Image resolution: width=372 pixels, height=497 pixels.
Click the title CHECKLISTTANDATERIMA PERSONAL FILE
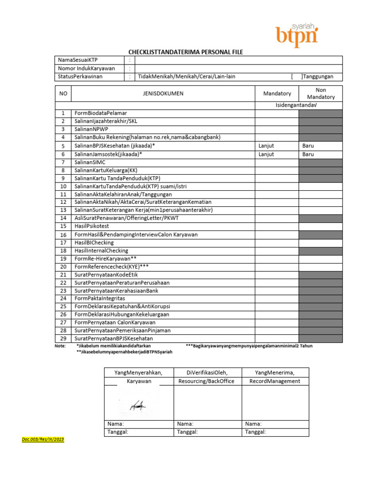[186, 52]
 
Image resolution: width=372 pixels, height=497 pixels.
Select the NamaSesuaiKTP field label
[78, 60]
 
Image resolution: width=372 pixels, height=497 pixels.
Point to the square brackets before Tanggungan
[296, 77]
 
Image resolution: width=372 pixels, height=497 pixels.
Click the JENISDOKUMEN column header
[163, 94]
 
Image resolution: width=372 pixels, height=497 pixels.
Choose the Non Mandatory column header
[321, 94]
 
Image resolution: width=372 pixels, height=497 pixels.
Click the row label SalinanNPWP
[92, 129]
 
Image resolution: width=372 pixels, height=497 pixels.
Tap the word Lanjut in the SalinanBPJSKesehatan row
[266, 146]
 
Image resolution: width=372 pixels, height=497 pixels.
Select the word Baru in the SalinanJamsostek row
[308, 154]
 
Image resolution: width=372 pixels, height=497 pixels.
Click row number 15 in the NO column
[63, 226]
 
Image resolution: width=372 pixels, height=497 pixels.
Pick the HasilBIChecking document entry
[94, 243]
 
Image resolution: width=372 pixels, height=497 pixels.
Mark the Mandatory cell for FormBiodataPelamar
[277, 113]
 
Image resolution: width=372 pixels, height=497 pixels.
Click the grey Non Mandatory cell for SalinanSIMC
[321, 162]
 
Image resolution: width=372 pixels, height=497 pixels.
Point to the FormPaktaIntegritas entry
[99, 298]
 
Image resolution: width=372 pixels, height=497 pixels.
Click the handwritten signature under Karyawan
[138, 404]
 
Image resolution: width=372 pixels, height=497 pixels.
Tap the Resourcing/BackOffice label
[206, 381]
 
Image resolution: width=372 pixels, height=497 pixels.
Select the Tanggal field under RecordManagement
[275, 432]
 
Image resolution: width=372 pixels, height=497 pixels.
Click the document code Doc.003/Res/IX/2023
[43, 440]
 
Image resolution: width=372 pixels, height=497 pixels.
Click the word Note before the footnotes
[61, 346]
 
